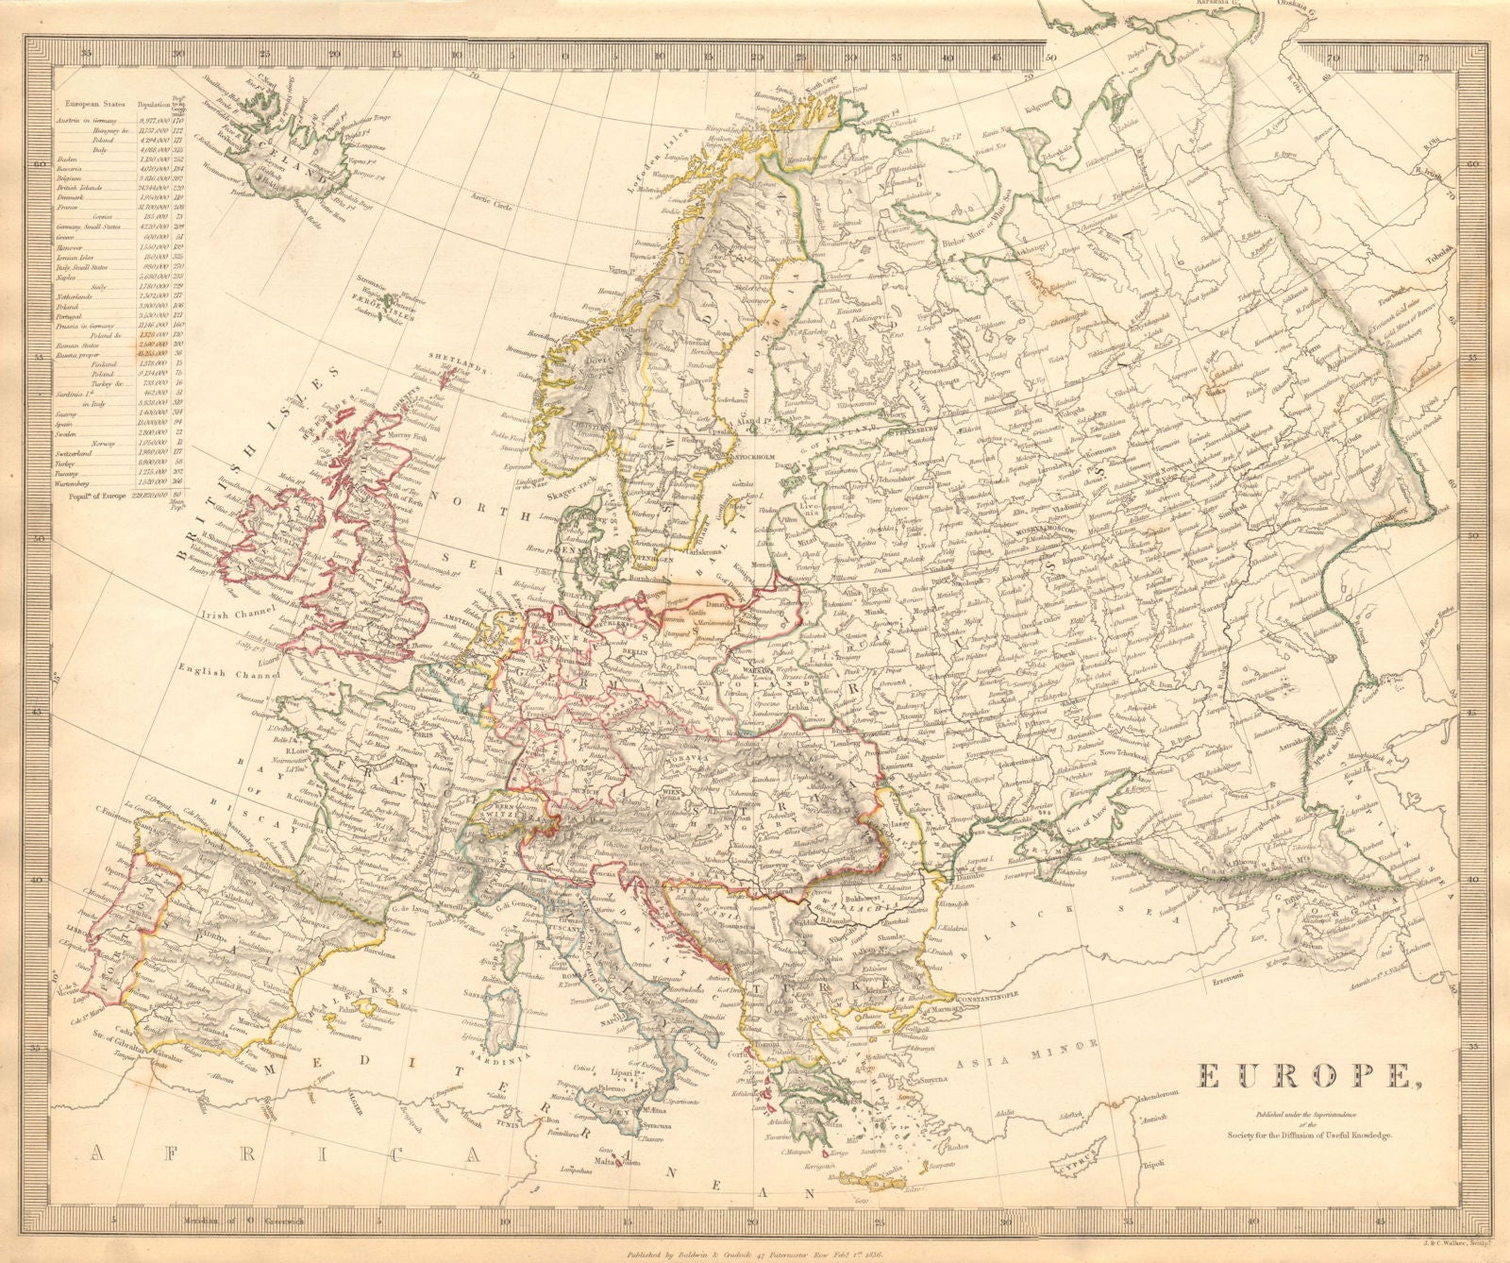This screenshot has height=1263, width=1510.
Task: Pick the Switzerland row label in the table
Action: coord(85,452)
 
